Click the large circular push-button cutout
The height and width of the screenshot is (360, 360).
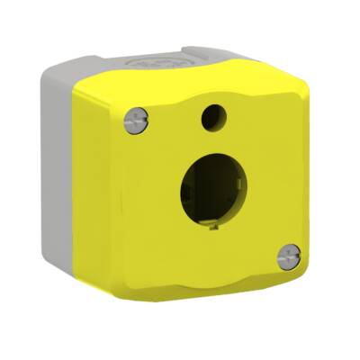click(x=213, y=192)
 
